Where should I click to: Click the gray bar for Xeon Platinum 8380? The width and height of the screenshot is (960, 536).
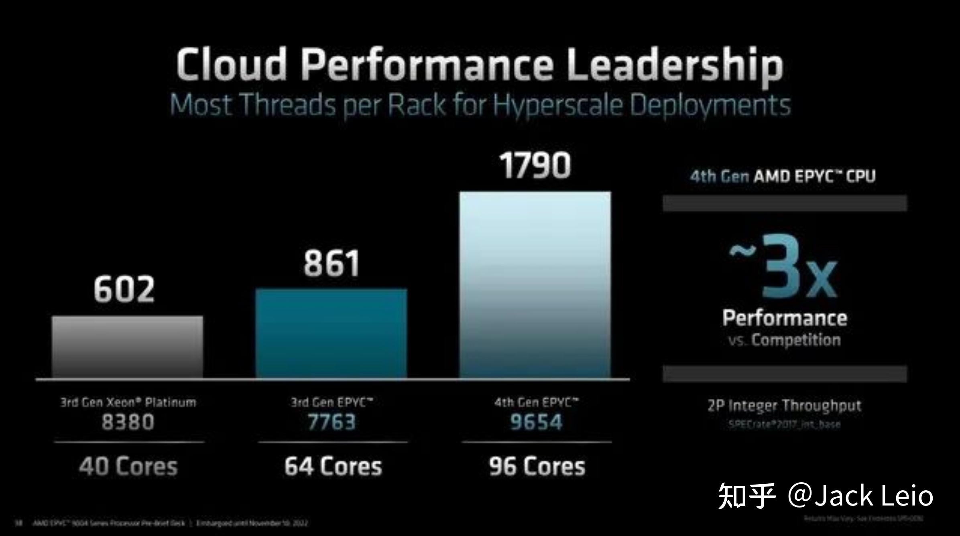pyautogui.click(x=127, y=347)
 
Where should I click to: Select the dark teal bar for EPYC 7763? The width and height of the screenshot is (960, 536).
pyautogui.click(x=331, y=333)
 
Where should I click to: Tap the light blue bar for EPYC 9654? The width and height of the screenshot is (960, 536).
pyautogui.click(x=535, y=284)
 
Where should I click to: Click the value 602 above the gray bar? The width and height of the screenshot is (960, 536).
pyautogui.click(x=124, y=289)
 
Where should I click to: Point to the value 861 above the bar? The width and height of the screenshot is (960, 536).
pyautogui.click(x=332, y=264)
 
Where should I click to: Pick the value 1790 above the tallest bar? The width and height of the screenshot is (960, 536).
pyautogui.click(x=535, y=165)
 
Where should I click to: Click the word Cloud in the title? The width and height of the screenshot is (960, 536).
pyautogui.click(x=232, y=64)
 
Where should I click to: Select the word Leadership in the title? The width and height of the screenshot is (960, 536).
pyautogui.click(x=675, y=65)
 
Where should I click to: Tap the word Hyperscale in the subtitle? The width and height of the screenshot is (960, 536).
pyautogui.click(x=558, y=105)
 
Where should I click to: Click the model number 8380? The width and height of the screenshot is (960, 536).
pyautogui.click(x=128, y=422)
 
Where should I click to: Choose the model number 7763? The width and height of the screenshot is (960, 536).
pyautogui.click(x=332, y=422)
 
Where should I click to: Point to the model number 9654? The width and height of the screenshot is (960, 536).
pyautogui.click(x=536, y=422)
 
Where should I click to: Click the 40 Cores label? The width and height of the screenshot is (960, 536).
pyautogui.click(x=128, y=466)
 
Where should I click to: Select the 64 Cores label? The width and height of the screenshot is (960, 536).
pyautogui.click(x=333, y=466)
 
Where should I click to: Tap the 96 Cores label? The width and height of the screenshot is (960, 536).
pyautogui.click(x=537, y=466)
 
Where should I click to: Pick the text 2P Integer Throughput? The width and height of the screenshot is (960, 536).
pyautogui.click(x=784, y=406)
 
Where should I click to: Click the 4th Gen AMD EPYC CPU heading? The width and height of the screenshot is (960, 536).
pyautogui.click(x=783, y=176)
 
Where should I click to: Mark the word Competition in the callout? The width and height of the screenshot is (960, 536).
pyautogui.click(x=796, y=340)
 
